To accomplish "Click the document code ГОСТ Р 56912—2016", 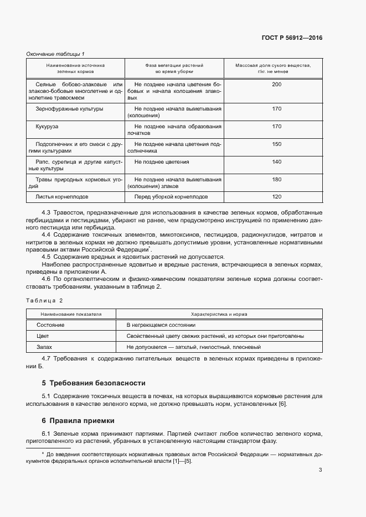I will tap(292, 38).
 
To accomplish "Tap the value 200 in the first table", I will tap(277, 84).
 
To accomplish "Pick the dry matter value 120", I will tap(277, 196).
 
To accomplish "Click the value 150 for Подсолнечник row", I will tap(277, 144).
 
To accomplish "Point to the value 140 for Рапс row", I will tap(277, 162).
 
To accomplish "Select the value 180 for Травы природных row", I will tap(277, 179).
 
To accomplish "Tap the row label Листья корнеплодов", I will tap(62, 196).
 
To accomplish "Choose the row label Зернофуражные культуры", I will tap(69, 109).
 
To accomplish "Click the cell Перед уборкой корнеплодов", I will tap(171, 196).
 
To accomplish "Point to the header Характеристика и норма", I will tap(219, 314).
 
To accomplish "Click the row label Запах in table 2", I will tap(45, 347).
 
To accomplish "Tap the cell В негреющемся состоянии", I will tap(161, 325).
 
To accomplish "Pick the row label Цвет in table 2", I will tap(43, 336).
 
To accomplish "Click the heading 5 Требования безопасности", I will tap(94, 383).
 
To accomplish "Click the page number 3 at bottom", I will tap(320, 471).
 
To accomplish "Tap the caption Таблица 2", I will tap(45, 300).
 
